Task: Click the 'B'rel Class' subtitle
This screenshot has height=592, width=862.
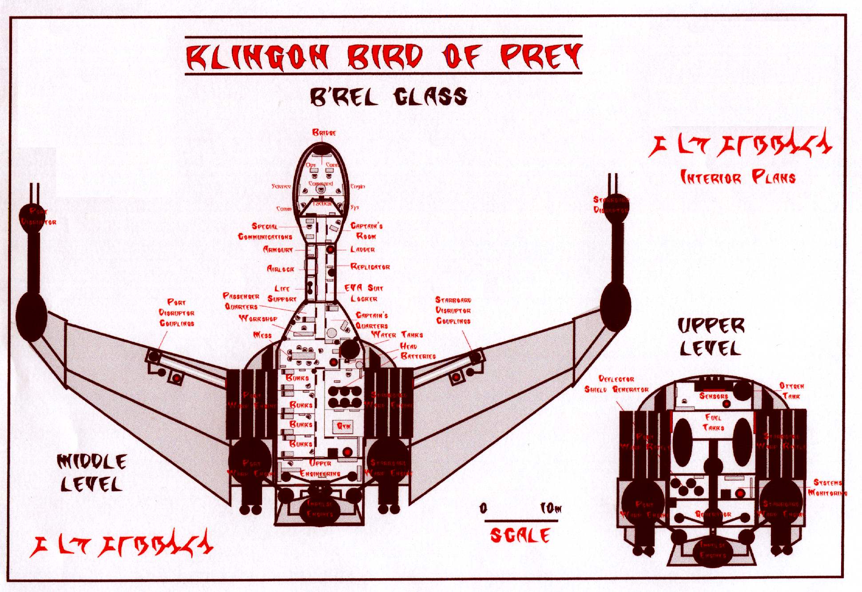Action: coord(388,97)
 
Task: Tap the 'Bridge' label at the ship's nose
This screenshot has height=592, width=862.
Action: coord(324,132)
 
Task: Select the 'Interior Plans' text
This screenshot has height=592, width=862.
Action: coord(738,178)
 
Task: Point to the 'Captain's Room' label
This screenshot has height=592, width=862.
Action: coord(366,231)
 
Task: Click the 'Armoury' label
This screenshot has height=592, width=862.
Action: coord(278,250)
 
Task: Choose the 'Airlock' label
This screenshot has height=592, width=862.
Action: coord(280,269)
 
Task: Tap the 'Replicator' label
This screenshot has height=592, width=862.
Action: coord(370,267)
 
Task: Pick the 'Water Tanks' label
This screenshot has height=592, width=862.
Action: coord(397,334)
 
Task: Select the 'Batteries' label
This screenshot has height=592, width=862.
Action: coord(418,356)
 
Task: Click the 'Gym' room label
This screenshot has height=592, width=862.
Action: coord(344,426)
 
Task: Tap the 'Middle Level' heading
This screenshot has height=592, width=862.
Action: coord(92,473)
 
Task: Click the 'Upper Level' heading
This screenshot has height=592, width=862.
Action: coord(711,338)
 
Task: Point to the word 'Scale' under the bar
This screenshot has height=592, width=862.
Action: coord(520,536)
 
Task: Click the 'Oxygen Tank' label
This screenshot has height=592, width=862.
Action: coord(791,391)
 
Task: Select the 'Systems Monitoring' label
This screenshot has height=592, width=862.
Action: coord(827,488)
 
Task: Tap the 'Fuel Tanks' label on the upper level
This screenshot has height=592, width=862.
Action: coord(713,422)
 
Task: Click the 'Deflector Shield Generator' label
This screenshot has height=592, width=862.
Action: coord(616,384)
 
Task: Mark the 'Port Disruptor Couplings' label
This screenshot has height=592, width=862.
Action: coord(177,313)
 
